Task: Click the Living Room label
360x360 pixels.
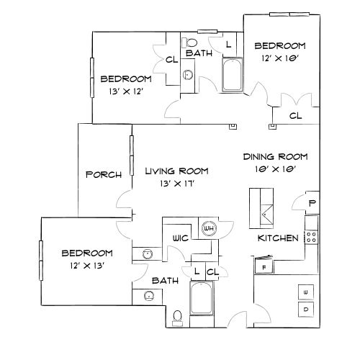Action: point(176,171)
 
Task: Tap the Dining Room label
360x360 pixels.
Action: point(275,156)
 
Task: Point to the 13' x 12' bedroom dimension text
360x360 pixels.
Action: point(125,91)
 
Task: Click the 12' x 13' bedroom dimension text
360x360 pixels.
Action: point(86,265)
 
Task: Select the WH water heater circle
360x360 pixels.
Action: point(210,228)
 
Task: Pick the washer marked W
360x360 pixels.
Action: point(305,292)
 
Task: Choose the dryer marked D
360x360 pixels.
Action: point(305,310)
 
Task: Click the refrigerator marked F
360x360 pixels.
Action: point(264,266)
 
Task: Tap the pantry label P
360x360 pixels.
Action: point(312,204)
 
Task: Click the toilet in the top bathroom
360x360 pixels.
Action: point(189,42)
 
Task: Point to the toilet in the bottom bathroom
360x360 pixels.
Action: point(176,315)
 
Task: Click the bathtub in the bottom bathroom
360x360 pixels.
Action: point(199,297)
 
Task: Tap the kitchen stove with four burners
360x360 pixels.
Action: point(311,236)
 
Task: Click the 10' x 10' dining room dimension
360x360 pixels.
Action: point(275,168)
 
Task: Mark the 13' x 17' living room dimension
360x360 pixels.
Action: point(176,184)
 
